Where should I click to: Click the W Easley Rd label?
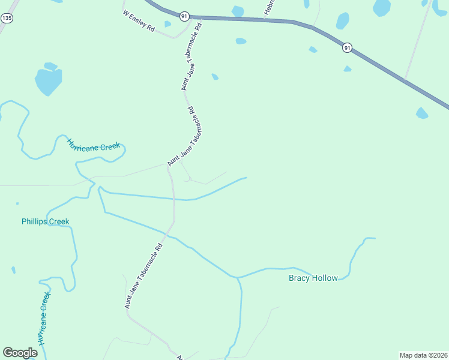pos(139,20)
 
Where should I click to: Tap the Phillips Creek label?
pos(46,221)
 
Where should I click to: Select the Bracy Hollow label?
pos(313,278)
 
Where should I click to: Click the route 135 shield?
pos(7,19)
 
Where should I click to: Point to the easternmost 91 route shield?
pos(347,46)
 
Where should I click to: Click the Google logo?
pos(20,353)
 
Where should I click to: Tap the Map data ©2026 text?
pos(424,355)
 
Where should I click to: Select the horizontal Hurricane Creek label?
pos(94,145)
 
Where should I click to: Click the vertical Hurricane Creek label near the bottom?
pos(43,319)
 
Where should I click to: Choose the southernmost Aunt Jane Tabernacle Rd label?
pos(143,276)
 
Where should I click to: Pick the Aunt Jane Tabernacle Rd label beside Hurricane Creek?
pos(187,136)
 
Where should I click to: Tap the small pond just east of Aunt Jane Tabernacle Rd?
pos(215,77)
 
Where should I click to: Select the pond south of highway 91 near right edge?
pos(422,113)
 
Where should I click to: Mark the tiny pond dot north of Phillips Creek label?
pos(17,203)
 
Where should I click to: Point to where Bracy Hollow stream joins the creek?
pos(238,278)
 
